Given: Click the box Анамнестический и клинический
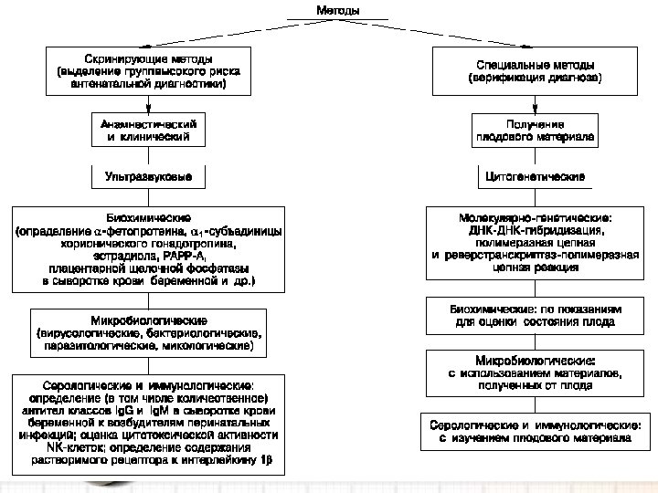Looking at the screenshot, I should [148, 129].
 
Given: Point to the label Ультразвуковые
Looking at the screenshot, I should [148, 173].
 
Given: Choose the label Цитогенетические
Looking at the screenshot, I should [536, 174].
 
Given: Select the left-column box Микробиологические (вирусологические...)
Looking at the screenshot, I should [148, 334].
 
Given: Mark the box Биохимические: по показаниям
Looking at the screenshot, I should [536, 315].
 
